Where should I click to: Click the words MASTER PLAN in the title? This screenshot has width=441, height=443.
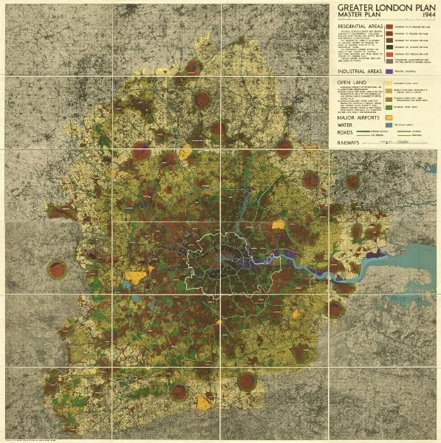(x=360, y=15)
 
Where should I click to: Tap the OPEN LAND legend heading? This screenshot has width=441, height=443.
(x=352, y=83)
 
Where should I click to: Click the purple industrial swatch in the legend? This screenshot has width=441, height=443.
(x=389, y=72)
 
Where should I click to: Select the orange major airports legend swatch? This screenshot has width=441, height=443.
(x=389, y=117)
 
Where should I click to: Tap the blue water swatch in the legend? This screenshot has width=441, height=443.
(x=389, y=125)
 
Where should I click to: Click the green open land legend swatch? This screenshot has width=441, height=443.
(x=389, y=107)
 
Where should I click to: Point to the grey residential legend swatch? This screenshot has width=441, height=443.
(x=389, y=61)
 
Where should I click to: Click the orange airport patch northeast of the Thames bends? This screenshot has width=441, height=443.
(x=279, y=225)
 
